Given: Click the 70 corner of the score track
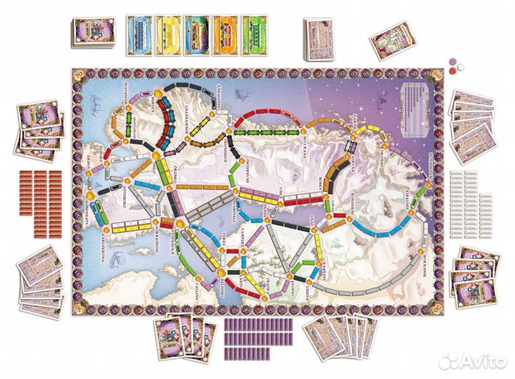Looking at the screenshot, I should coord(79,73).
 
